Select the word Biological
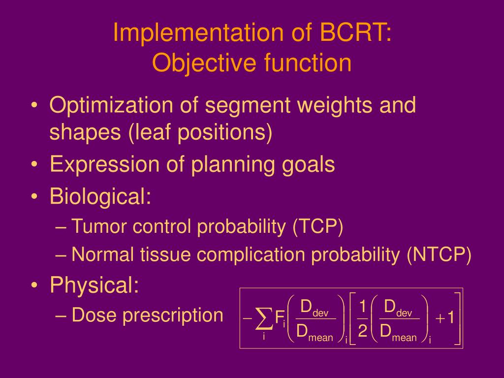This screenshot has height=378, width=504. point(100,196)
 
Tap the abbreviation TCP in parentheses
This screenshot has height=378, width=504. point(318,226)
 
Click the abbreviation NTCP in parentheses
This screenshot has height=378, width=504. point(439,254)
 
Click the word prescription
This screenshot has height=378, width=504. point(173,315)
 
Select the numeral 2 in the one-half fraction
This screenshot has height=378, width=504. point(362,330)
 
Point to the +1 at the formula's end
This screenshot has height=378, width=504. point(445,317)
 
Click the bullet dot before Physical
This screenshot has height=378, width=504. point(35,285)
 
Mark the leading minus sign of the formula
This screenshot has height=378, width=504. point(248,318)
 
